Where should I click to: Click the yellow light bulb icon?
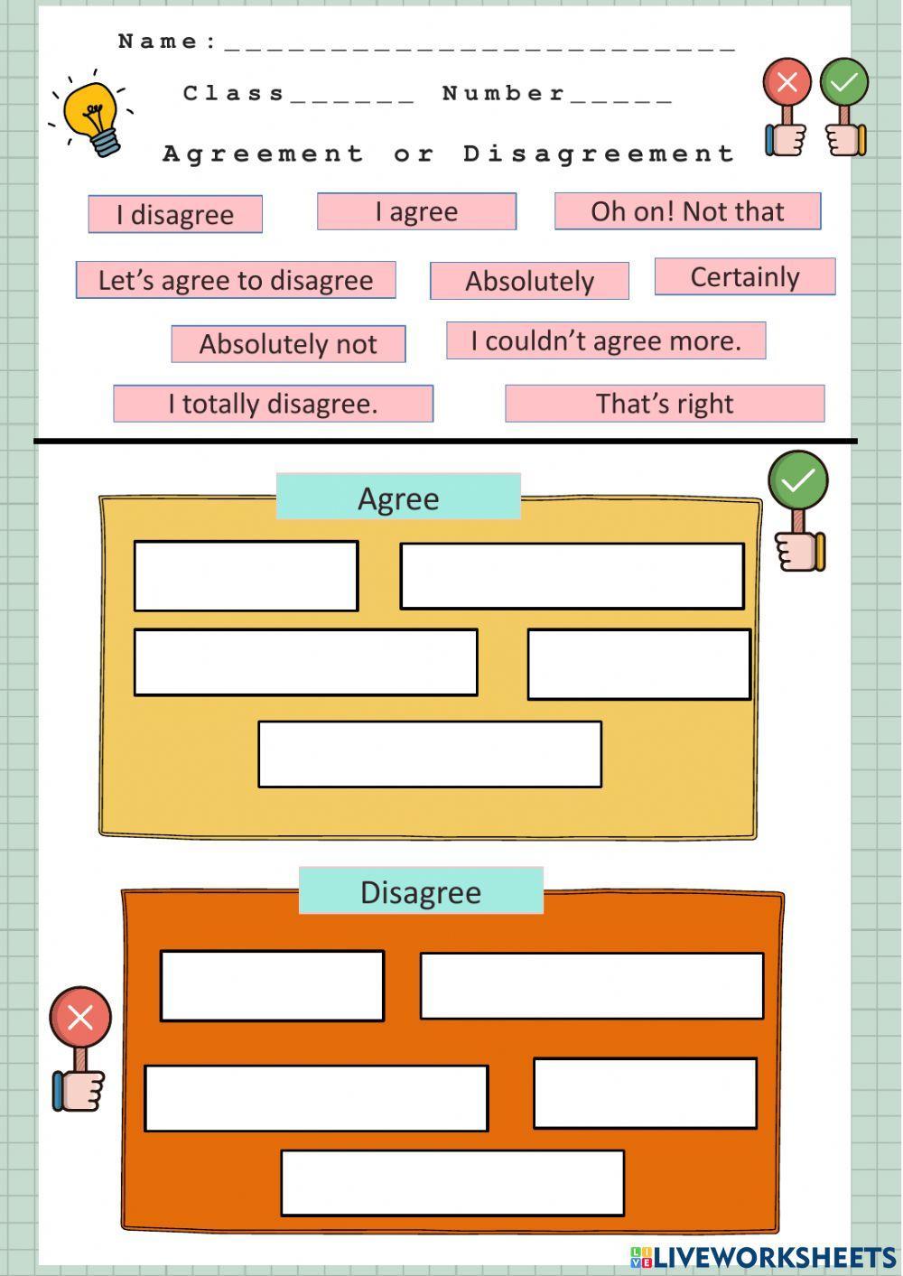(x=93, y=116)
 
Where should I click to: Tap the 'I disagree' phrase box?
(x=175, y=214)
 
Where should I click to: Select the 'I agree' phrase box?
(x=416, y=211)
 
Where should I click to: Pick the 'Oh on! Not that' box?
(x=687, y=211)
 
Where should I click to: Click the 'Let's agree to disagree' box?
(x=236, y=280)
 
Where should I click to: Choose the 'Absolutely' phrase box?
(x=529, y=281)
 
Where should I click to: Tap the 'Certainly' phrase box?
(x=745, y=277)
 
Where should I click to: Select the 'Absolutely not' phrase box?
(x=288, y=344)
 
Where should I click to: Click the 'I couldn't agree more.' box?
(x=606, y=340)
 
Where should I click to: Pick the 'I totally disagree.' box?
(x=273, y=404)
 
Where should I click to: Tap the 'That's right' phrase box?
(x=665, y=404)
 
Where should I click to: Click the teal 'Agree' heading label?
(x=398, y=498)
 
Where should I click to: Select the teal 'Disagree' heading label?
(x=421, y=891)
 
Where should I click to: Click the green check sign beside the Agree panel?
(x=798, y=481)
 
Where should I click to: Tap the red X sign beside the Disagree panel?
(x=80, y=1019)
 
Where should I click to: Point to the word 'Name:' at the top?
(x=167, y=42)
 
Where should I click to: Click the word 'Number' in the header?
(x=503, y=93)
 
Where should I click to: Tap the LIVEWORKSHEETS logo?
(x=763, y=1256)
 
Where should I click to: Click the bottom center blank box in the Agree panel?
(x=430, y=754)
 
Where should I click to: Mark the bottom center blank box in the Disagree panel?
(x=452, y=1182)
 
